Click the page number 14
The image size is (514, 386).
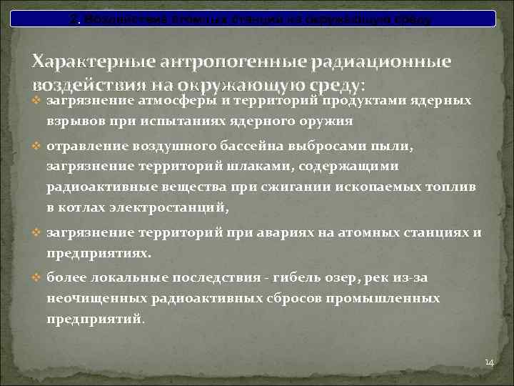click(489, 362)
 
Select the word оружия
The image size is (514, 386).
click(328, 121)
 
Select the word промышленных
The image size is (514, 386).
click(383, 298)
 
